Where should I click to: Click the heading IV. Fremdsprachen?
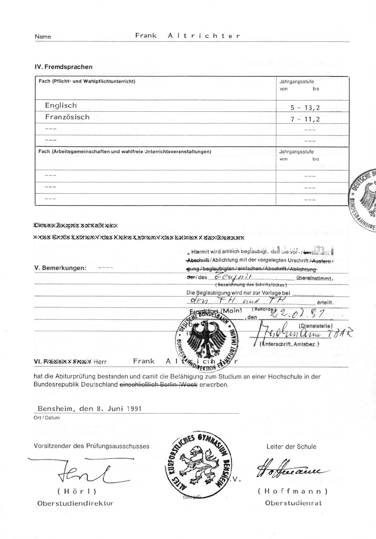[x=63, y=67]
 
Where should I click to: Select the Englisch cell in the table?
[x=61, y=106]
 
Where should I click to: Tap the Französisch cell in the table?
[x=67, y=117]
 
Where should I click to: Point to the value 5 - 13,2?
[x=305, y=108]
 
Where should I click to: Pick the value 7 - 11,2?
[x=305, y=119]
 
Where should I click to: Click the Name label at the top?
[x=43, y=37]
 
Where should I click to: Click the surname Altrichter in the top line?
[x=204, y=36]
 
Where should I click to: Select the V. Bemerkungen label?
[x=60, y=268]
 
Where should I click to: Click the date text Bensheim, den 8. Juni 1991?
[x=90, y=409]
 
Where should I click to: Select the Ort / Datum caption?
[x=47, y=418]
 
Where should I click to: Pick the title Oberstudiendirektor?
[x=75, y=503]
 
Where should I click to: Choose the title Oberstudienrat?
[x=293, y=503]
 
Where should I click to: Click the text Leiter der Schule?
[x=291, y=447]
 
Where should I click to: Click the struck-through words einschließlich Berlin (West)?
[x=159, y=385]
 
